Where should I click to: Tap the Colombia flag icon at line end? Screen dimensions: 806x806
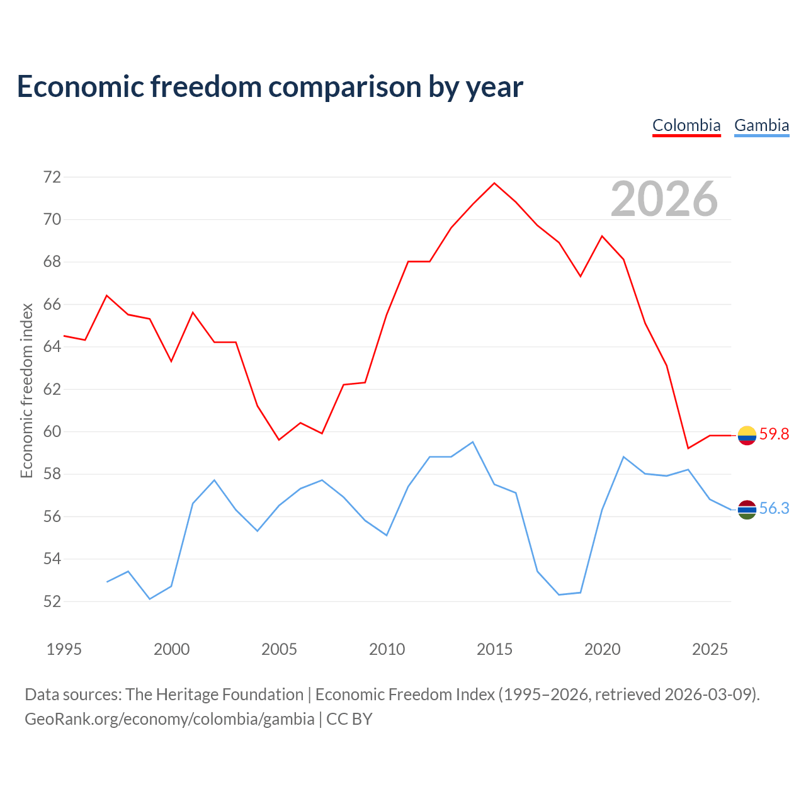pos(747,435)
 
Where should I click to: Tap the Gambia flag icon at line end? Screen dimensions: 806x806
pos(747,509)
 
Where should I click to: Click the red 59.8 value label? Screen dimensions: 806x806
pos(775,434)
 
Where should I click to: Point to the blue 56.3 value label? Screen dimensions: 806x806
pos(775,508)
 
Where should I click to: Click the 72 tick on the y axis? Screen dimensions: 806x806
pos(52,178)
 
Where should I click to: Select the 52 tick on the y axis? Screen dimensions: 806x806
pos(52,601)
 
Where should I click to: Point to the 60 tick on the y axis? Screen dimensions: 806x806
pos(52,431)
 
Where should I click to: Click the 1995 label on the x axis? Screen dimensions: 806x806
pos(64,649)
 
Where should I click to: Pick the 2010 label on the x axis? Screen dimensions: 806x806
pos(387,649)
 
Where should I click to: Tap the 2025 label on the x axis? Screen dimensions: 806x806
pos(710,649)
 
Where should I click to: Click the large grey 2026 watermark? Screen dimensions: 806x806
pos(664,199)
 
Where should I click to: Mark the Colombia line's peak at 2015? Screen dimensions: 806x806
pos(494,183)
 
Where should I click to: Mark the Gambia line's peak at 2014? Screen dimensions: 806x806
pos(473,441)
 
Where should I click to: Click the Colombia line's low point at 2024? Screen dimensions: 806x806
pos(688,448)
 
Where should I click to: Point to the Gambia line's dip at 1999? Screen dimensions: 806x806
pos(150,599)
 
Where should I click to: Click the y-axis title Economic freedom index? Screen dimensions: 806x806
pos(27,390)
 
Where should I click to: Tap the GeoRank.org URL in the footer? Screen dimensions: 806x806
pos(169,719)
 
